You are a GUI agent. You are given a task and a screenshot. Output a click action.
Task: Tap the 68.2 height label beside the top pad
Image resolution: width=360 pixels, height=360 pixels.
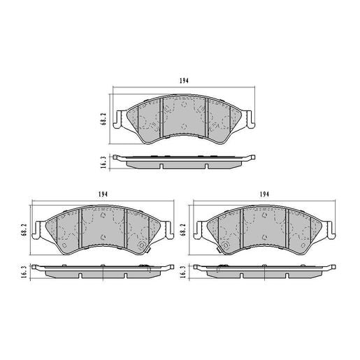[103, 120]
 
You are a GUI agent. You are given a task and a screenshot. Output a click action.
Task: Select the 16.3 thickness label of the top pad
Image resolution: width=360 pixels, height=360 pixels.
[103, 161]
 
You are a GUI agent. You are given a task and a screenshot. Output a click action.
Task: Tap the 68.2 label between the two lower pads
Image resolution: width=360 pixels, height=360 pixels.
[184, 230]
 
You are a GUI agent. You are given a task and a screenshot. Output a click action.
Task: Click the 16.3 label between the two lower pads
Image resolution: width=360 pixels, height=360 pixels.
[184, 272]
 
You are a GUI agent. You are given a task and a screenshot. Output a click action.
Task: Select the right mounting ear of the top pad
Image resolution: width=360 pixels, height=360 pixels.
[250, 117]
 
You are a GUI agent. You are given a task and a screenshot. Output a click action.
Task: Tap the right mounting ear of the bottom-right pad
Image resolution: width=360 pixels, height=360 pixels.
[330, 228]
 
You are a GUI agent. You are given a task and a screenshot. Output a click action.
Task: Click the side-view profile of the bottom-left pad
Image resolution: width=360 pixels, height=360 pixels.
[103, 272]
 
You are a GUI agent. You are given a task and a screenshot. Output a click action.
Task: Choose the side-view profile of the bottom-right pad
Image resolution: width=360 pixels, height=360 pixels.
[265, 272]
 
